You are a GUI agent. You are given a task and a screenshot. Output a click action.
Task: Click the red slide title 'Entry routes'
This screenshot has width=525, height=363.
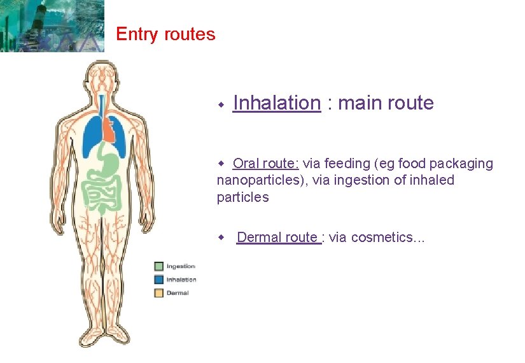point(165,34)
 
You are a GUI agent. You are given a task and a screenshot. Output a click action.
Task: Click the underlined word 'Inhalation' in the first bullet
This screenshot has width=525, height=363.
point(277,103)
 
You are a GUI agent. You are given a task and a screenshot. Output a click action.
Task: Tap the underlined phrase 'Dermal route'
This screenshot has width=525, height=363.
point(277,238)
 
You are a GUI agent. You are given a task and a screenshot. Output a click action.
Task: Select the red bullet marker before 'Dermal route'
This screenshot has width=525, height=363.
point(222,238)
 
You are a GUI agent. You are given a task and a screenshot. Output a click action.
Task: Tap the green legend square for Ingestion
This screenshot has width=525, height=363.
point(158,266)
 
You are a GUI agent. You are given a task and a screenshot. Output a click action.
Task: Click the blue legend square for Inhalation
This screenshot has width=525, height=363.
point(158,280)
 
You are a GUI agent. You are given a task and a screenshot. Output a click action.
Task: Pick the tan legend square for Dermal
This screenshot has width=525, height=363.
point(158,293)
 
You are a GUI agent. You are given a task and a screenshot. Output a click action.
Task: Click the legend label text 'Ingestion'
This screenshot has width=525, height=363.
point(181,266)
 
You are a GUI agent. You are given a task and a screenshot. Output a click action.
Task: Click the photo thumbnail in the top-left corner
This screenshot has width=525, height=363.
point(52,25)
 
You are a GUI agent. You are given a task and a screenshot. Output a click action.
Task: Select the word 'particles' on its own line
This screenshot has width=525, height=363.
point(243,197)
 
